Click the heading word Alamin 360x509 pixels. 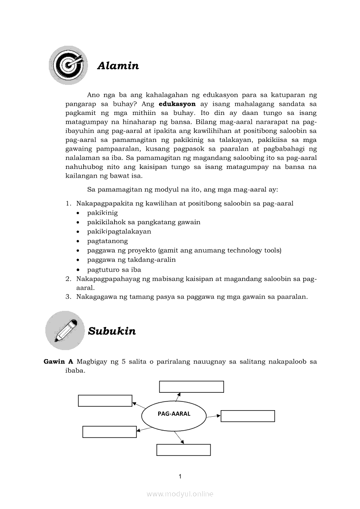point(118,66)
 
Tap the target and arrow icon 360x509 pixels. point(68,65)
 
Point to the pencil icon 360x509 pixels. point(65,330)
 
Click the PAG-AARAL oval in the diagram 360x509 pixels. point(174,414)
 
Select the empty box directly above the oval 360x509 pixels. point(191,387)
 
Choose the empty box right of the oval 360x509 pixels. point(248,416)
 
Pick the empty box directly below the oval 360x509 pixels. point(183,450)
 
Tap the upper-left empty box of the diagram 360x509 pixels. point(105,401)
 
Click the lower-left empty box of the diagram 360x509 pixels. point(109,431)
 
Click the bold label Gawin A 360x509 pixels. point(58,362)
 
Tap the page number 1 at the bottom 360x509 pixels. point(180,476)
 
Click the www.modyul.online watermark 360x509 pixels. point(180,494)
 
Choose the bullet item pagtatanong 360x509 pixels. point(107,241)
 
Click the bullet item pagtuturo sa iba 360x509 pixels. point(114,270)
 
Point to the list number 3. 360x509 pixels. point(68,297)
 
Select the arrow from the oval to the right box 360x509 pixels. point(213,416)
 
